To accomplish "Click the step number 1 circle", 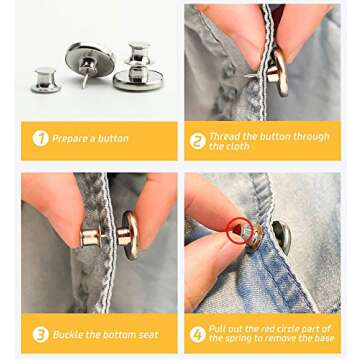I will (x=41, y=138).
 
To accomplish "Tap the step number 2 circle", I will (x=197, y=141).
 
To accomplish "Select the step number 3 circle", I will (x=41, y=334).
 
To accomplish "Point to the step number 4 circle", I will (x=197, y=334).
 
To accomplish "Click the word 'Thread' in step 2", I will (x=224, y=134).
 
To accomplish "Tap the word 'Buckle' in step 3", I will (x=68, y=334).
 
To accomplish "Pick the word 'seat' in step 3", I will (x=149, y=334).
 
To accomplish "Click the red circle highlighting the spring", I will (x=238, y=231).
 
